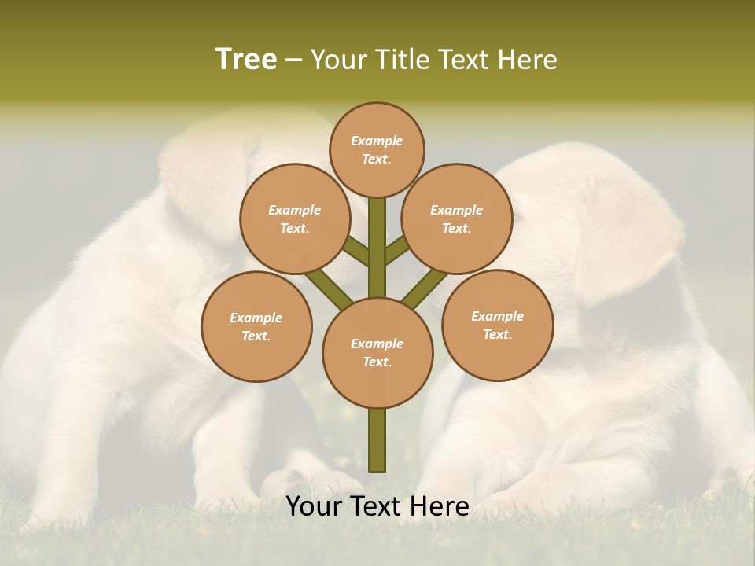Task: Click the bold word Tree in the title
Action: [x=246, y=59]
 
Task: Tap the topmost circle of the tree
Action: [x=377, y=149]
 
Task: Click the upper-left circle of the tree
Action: [x=295, y=219]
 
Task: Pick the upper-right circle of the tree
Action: [x=457, y=219]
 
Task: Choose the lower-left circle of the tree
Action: [x=256, y=326]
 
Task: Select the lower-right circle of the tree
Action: [x=497, y=325]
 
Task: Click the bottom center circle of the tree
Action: [x=377, y=352]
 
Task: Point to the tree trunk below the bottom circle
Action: [x=377, y=440]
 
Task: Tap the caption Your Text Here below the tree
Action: [x=377, y=506]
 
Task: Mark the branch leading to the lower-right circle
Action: [x=425, y=287]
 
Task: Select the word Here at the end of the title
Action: [x=528, y=59]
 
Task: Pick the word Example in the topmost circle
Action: [x=377, y=141]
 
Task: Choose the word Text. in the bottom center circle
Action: [x=377, y=362]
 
